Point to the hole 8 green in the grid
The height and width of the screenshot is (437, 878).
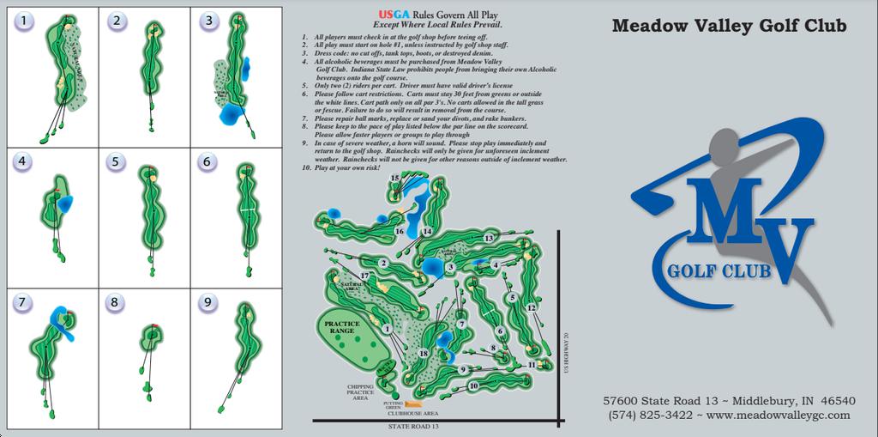point(153,332)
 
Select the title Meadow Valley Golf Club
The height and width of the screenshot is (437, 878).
point(729,27)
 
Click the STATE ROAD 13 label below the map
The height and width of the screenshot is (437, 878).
point(413,426)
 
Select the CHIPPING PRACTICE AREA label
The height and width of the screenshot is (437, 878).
point(359,392)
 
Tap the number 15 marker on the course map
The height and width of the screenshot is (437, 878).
point(395,179)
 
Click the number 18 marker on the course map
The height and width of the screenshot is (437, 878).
point(423,354)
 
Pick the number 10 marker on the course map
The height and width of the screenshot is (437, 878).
point(473,385)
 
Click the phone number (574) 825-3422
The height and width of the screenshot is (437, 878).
point(650,415)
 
